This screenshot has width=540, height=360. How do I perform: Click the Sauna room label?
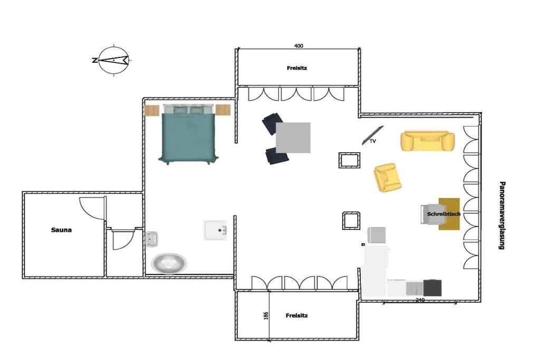coord(61,230)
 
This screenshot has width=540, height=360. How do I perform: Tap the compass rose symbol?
coord(114,60)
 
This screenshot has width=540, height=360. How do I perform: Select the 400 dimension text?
coord(298,46)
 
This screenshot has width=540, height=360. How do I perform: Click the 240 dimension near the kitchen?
coord(420,300)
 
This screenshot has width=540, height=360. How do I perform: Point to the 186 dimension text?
coord(266,316)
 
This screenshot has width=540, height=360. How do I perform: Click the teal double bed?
coord(188,134)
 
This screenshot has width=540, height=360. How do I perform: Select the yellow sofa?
coord(427,141)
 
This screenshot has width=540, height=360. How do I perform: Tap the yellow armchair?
coord(387,178)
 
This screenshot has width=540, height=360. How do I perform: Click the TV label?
coord(373,141)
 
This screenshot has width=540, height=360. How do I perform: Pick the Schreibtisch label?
coord(443,214)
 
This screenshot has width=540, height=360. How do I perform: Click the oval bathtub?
coord(169,264)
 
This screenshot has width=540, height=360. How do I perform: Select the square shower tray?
coord(215,230)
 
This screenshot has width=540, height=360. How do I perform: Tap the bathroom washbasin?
coord(151,239)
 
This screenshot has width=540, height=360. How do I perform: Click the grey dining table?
coord(293,138)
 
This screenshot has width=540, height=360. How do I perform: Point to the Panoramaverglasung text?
coord(502,216)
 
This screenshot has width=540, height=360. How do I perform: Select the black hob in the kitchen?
coord(432,288)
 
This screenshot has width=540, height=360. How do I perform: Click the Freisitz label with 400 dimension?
coord(297,68)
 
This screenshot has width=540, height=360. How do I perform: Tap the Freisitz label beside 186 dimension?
coord(296,316)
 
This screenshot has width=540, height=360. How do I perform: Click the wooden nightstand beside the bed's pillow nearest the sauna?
coord(151,111)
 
